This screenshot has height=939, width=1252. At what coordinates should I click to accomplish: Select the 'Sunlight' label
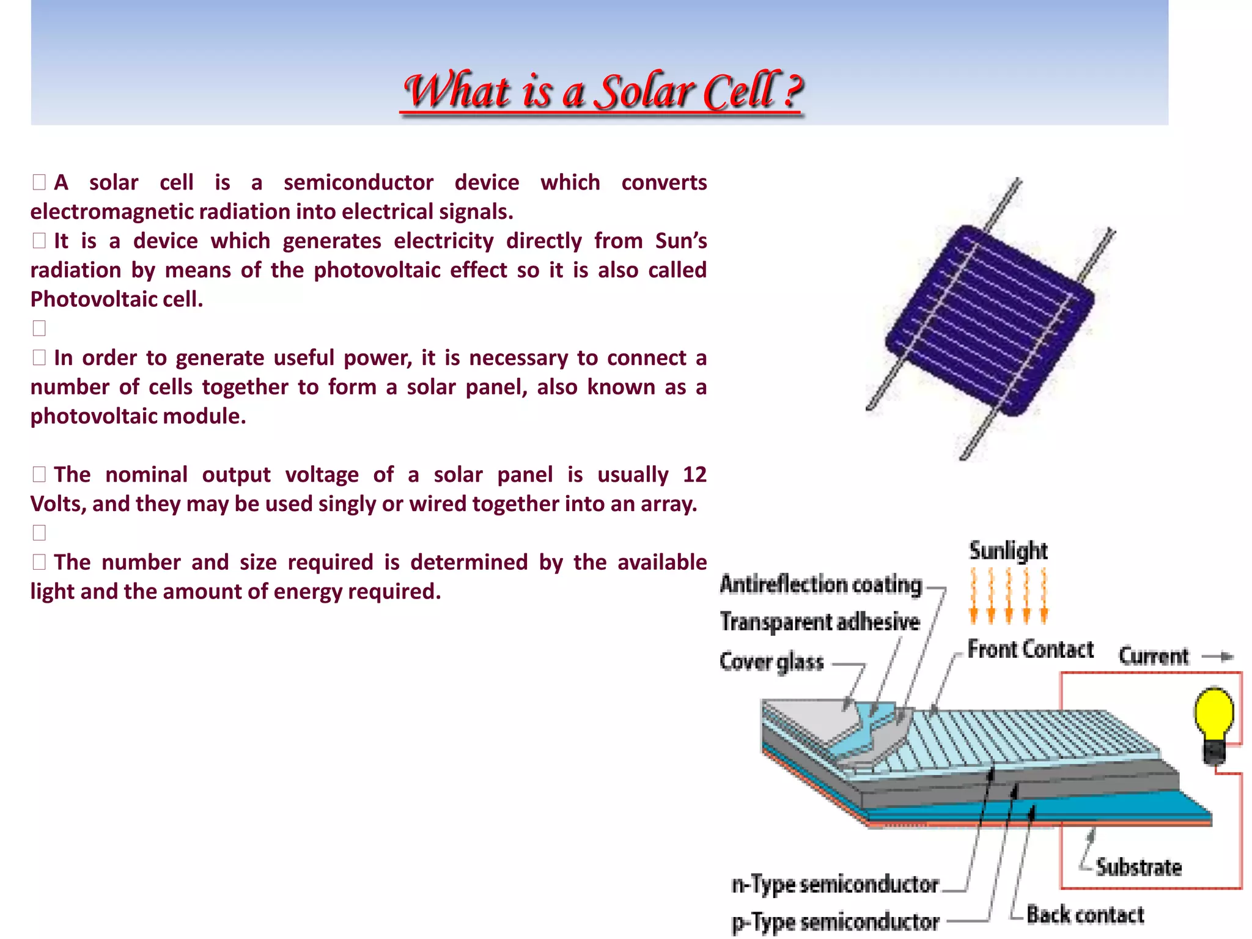pos(1008,551)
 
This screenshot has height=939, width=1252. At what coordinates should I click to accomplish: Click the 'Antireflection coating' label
pos(821,584)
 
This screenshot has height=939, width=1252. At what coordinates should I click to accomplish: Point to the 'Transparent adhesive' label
pos(820,622)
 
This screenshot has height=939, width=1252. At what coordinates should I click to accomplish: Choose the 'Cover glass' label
pos(771,661)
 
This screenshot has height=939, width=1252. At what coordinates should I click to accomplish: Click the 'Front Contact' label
pos(1031,649)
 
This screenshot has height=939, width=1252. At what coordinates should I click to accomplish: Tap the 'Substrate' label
pos(1138,867)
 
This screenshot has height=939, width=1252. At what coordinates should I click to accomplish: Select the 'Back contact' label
pos(1085,915)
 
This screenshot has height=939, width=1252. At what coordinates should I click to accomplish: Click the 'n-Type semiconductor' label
pos(835,884)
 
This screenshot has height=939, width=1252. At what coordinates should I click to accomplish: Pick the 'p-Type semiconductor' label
pos(835,922)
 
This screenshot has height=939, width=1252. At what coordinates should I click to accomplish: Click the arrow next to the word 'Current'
pos(1218,657)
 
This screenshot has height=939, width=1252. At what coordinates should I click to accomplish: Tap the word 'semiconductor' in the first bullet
pos(358,183)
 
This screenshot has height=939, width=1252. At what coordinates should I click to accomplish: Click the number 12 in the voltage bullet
pos(694,475)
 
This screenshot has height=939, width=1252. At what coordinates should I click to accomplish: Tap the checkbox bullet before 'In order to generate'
pos(39,358)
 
